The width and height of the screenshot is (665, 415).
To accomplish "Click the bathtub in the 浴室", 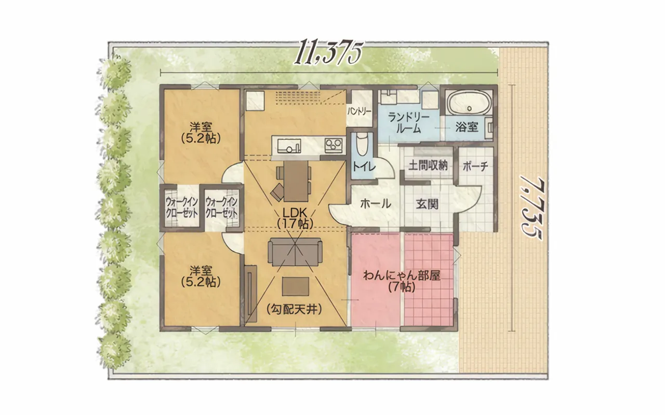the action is tap(469, 103).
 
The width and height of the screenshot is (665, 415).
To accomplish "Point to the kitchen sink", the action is tap(289, 146).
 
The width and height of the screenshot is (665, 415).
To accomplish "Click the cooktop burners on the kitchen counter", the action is tap(334, 146).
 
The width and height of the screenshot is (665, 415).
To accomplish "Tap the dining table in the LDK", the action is tap(296, 181).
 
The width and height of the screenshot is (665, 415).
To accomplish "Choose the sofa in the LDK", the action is tap(295, 252).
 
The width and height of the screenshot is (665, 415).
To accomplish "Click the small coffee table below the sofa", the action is tap(296, 286).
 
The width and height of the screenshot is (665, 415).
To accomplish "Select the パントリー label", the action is tap(359, 112).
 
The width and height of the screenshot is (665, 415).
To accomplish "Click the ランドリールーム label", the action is tap(408, 123).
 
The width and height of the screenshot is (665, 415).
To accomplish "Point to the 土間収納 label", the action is tap(428, 165).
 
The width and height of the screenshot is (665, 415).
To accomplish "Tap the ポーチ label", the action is tap(475, 167).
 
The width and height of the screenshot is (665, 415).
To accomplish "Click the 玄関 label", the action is tap(427, 204).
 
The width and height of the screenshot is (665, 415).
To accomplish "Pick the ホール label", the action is tap(376, 204).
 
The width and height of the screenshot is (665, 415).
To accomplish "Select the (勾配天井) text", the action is tap(295, 310).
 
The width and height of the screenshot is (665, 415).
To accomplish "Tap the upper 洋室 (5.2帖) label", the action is tap(201, 133).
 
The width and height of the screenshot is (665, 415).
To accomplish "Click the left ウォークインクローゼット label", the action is tap(182, 208).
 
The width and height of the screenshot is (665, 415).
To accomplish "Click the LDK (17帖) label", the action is tap(295, 218).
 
